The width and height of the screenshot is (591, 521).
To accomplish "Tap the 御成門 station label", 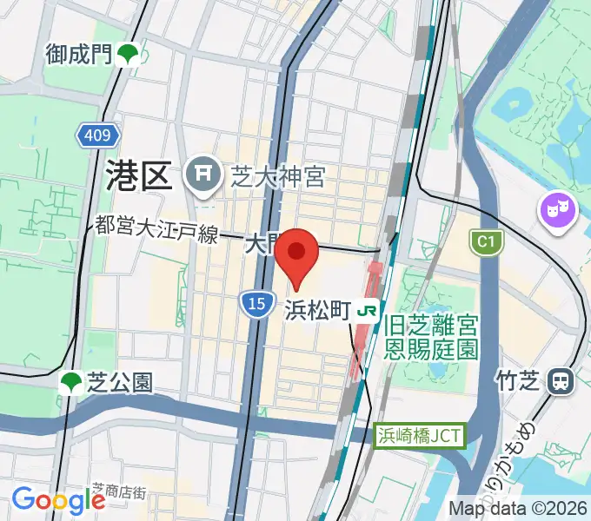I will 79,55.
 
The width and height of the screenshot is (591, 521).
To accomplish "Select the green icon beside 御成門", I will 129,54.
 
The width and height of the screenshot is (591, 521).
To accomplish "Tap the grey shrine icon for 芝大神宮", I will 203,177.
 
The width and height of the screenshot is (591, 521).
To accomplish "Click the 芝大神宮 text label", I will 277,178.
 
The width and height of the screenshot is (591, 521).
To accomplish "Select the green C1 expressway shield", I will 487,243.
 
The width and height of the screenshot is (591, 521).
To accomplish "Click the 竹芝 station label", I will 519,379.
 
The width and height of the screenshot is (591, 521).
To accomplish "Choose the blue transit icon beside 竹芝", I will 562,379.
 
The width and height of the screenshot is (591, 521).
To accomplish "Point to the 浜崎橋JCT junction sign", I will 421,435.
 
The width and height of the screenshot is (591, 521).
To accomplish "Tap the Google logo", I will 58,499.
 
